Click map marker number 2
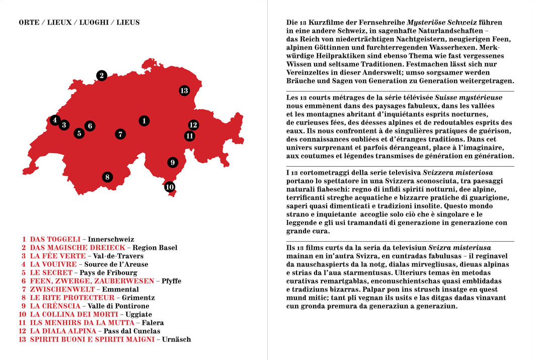tap(101, 76)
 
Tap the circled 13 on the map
tap(184, 91)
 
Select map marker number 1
tap(144, 120)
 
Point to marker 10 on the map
tap(170, 187)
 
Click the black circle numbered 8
tap(107, 177)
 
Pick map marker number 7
tap(120, 134)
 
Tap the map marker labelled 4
tap(54, 120)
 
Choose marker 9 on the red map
tap(172, 162)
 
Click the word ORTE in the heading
tap(28, 23)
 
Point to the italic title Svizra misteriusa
tap(460, 248)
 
